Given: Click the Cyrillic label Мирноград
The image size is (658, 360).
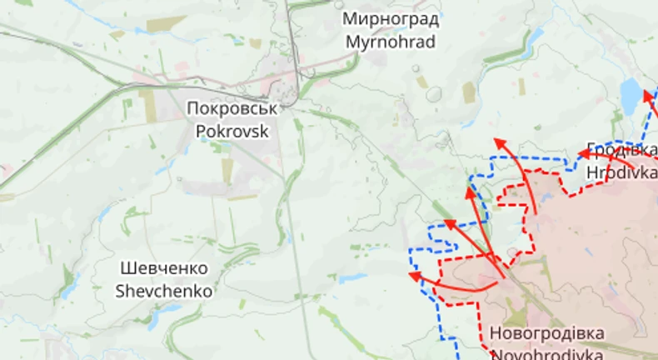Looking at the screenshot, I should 389,19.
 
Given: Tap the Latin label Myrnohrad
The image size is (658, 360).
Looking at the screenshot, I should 389,41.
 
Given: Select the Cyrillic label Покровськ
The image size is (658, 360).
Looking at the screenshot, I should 231,108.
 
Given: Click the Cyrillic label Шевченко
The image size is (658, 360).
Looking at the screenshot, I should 164,269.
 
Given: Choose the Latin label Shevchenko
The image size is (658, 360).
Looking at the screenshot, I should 164,291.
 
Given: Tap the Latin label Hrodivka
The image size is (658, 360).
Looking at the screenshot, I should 621,172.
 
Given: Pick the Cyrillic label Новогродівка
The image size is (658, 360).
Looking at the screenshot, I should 546,333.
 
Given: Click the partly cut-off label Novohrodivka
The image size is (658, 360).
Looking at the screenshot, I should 546,353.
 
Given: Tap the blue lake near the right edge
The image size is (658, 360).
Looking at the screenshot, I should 631,95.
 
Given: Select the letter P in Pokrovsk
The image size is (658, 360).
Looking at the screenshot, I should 200,130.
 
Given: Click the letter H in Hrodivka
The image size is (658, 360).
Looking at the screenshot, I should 592,172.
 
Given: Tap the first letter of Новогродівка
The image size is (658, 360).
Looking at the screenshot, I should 495,333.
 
